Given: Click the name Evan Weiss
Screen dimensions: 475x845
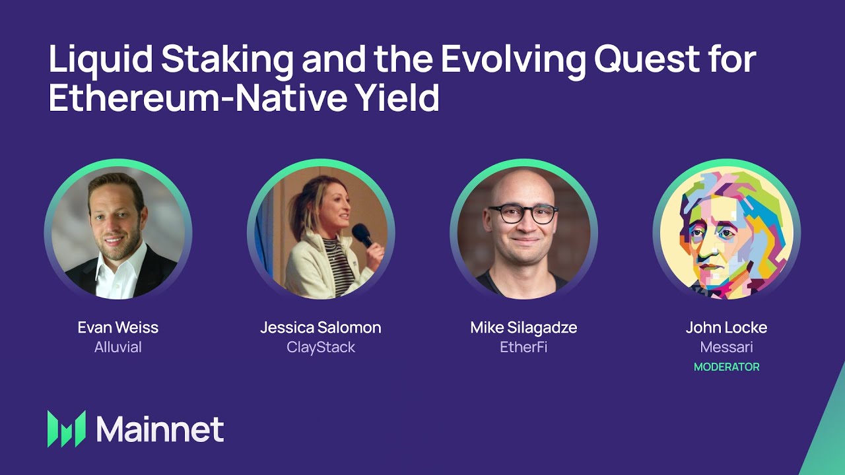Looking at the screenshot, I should point(118,327).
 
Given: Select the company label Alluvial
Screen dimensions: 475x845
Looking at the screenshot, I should point(118,348).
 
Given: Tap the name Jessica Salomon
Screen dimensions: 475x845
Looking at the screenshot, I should point(320,327).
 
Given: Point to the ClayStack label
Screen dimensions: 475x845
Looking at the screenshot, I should point(320,348).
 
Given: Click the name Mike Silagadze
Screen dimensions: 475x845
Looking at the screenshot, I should point(524,327).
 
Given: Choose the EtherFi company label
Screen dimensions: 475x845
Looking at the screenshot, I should point(524,348).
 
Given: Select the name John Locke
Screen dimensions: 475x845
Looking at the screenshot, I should point(726,327).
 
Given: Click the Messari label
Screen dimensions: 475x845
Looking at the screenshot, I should point(726,348).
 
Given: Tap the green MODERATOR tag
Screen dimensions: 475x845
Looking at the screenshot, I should point(726,367).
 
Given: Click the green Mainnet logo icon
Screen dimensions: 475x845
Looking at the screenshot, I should point(67,429).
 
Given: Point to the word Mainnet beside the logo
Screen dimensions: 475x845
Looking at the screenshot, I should point(160,429).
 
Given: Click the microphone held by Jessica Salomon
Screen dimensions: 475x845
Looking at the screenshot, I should point(362,234).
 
